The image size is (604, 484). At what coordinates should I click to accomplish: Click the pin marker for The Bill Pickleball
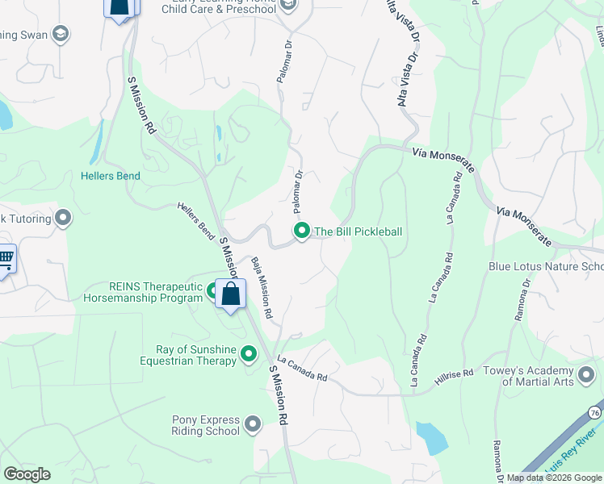coord(302,232)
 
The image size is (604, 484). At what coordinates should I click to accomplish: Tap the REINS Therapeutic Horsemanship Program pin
coord(213,291)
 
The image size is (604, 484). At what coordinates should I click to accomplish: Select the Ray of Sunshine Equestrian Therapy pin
coord(249,354)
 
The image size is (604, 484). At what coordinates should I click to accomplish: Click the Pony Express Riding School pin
coord(253,423)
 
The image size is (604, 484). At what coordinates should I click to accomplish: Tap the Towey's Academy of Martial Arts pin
coord(586,375)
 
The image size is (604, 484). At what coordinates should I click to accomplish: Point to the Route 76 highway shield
coord(594,412)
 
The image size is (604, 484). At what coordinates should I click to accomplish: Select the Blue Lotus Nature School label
coord(546,266)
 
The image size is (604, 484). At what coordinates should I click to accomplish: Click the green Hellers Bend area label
coord(111,176)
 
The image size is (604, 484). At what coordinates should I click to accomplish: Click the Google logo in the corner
coord(26,474)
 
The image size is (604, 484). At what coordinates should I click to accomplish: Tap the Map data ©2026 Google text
coord(553,478)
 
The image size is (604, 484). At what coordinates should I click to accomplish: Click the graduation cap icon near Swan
coord(60,34)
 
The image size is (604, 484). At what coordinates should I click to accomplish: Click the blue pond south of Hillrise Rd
coord(432,437)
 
